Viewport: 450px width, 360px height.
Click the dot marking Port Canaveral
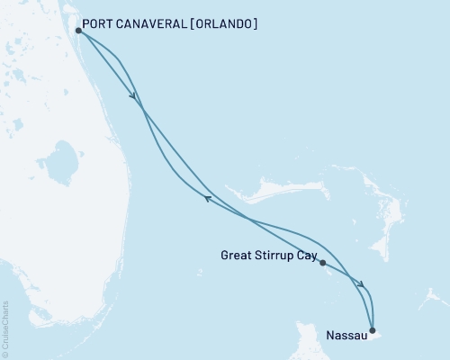click(x=79, y=31)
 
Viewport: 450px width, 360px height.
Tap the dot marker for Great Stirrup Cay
click(x=322, y=263)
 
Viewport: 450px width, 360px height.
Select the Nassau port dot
click(x=373, y=330)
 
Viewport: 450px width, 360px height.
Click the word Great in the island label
click(x=237, y=256)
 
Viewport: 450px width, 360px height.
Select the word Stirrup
click(x=274, y=256)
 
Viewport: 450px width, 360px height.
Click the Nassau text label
click(x=346, y=338)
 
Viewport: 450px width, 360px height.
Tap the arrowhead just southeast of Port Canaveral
click(x=133, y=96)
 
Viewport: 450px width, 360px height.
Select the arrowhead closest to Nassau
click(x=362, y=285)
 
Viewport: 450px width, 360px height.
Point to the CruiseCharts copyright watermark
click(x=6, y=328)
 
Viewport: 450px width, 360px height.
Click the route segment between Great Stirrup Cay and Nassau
click(x=346, y=275)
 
